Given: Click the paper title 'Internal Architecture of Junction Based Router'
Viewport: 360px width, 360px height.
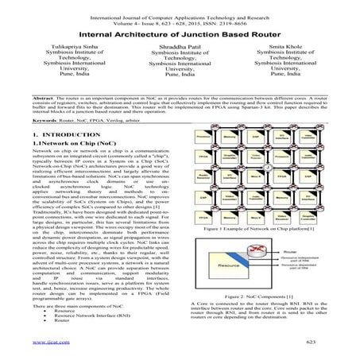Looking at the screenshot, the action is click(x=180, y=36).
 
